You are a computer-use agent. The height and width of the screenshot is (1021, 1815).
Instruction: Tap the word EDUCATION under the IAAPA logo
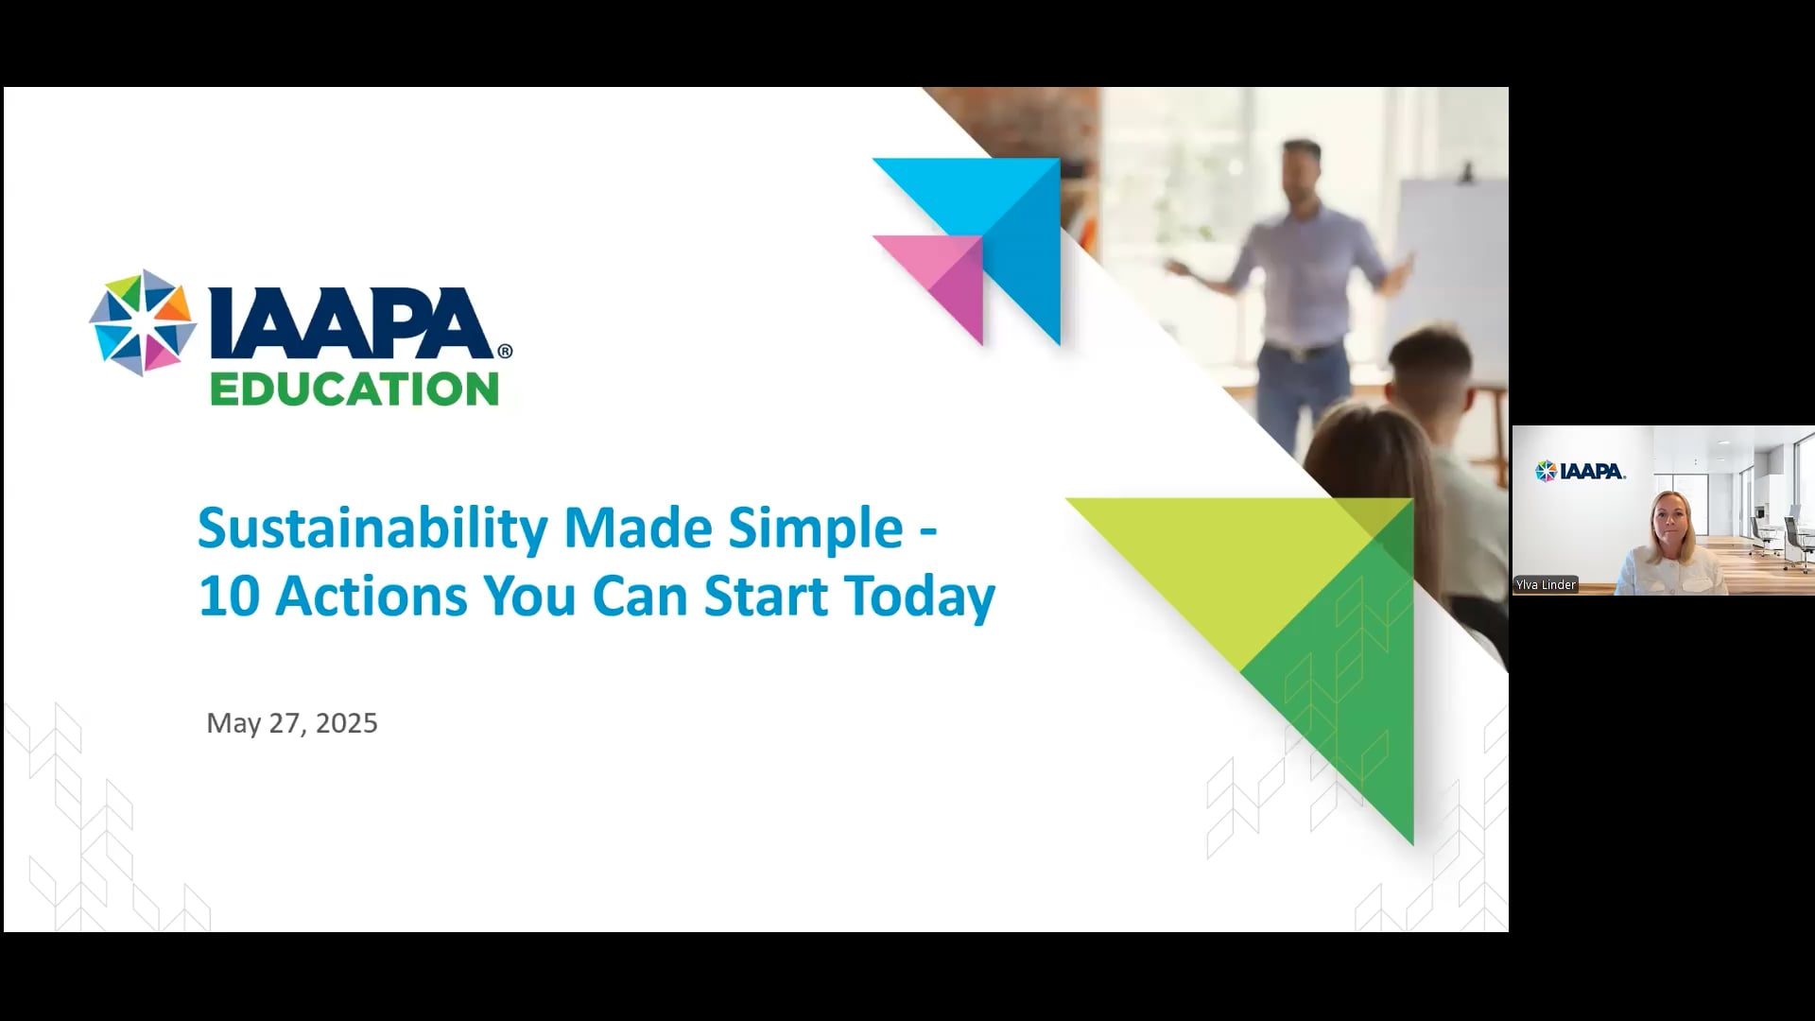click(354, 389)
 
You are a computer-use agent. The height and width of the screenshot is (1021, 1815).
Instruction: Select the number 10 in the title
click(229, 597)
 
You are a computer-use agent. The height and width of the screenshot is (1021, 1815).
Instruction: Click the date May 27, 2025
click(292, 723)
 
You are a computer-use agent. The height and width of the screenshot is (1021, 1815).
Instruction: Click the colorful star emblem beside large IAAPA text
click(143, 323)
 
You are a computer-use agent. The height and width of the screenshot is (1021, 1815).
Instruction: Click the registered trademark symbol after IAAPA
click(505, 351)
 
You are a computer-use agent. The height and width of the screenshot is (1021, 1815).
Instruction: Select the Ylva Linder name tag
click(1546, 585)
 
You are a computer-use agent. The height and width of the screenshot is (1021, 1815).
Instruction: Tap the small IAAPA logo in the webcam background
click(1581, 471)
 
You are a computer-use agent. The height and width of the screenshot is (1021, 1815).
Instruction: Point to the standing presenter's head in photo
click(1302, 166)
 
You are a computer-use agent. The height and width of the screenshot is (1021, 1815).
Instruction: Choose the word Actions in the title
click(372, 597)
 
